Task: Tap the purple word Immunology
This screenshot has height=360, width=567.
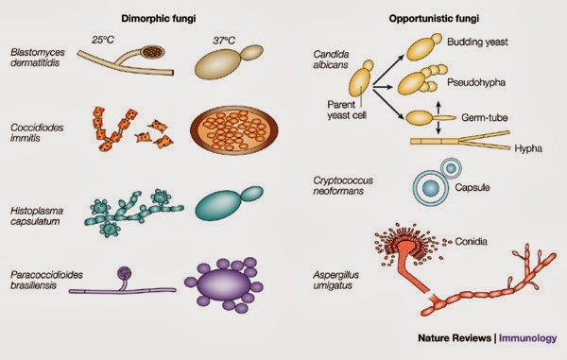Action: click(x=527, y=337)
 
